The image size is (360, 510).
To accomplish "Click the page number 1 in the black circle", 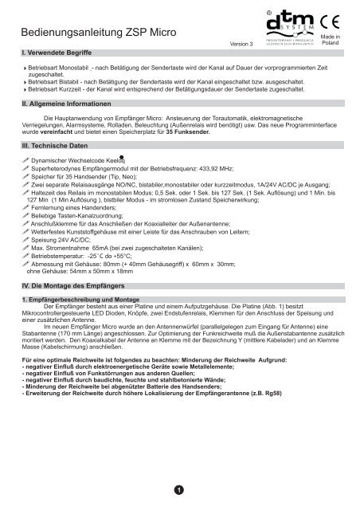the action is tap(180, 488).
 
